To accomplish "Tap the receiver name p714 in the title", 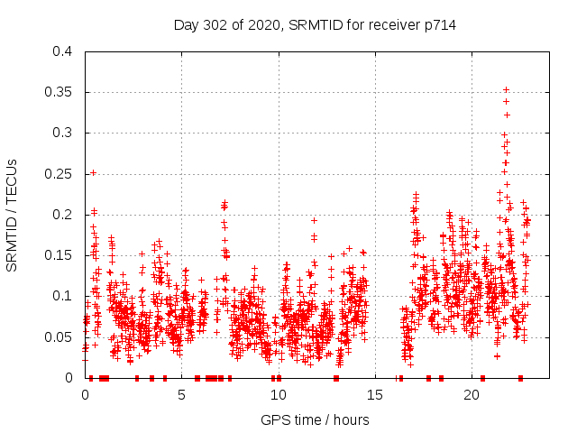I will point(436,26).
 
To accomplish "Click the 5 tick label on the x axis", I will point(182,395).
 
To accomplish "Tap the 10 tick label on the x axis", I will point(279,395).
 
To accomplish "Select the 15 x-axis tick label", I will point(376,395).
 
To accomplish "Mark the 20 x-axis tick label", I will point(472,395).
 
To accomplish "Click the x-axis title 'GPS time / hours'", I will point(315,419).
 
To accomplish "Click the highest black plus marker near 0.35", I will point(506,89).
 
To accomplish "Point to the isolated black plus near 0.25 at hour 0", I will point(93,172).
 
